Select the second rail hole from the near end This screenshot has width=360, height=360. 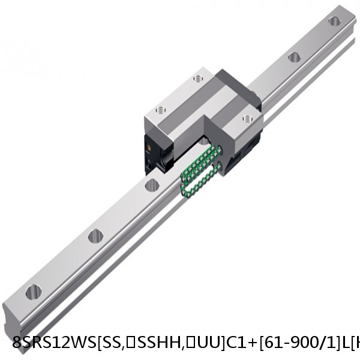point(95,236)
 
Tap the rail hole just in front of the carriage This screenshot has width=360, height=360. point(151,185)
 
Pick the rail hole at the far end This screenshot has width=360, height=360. point(334,22)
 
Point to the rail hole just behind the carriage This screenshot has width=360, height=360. point(294,58)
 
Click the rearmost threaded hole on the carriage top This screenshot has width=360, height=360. point(197,79)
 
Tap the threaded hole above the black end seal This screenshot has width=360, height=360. point(160,109)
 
